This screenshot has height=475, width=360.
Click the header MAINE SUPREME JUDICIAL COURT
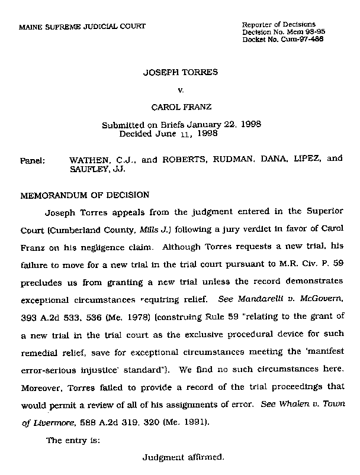[x=82, y=27]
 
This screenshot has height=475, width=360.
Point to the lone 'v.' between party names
[x=181, y=91]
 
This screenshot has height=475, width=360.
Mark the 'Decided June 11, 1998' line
[x=169, y=134]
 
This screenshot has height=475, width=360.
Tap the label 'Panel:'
[x=33, y=160]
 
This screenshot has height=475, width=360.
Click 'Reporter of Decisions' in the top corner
[x=279, y=24]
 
